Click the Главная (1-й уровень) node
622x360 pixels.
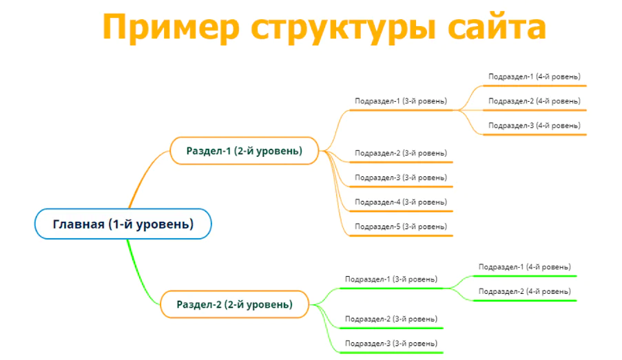[123, 224]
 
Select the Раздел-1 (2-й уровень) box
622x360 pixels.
[245, 151]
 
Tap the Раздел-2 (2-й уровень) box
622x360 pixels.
[234, 304]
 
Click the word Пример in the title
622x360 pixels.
[171, 27]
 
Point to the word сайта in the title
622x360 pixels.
[497, 27]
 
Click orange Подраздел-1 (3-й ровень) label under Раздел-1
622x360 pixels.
[401, 101]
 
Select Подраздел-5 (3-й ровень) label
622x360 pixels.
[401, 226]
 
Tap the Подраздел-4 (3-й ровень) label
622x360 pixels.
[401, 202]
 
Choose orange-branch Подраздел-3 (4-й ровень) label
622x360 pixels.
[535, 125]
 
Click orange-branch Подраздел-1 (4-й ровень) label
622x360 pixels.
[535, 76]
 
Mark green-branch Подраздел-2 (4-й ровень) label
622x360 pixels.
[524, 291]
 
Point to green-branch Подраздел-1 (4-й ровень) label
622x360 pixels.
[524, 267]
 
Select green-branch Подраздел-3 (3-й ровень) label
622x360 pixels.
[391, 343]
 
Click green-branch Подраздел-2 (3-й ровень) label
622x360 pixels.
[391, 319]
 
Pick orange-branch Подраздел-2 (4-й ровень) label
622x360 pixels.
[535, 101]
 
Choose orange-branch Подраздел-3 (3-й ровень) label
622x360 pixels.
[401, 177]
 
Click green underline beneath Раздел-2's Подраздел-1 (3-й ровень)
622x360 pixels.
[391, 288]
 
